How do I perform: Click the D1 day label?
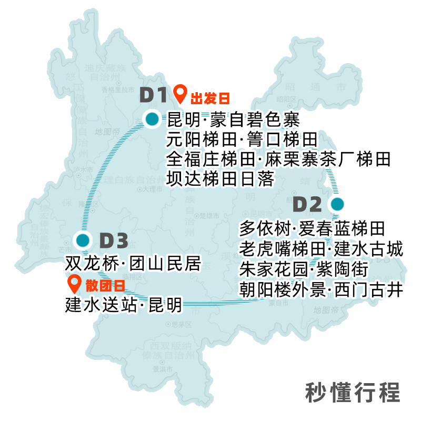click(153, 95)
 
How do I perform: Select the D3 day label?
click(114, 241)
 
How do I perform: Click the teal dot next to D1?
click(152, 119)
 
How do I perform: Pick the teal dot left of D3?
click(82, 240)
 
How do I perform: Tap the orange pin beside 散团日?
click(75, 284)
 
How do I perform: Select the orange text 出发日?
click(210, 98)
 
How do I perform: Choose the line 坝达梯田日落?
click(220, 179)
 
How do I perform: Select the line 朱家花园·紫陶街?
click(303, 269)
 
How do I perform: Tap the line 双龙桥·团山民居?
click(133, 264)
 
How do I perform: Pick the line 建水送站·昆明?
click(124, 305)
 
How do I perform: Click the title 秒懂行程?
click(353, 392)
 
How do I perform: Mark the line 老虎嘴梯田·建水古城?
click(321, 248)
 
